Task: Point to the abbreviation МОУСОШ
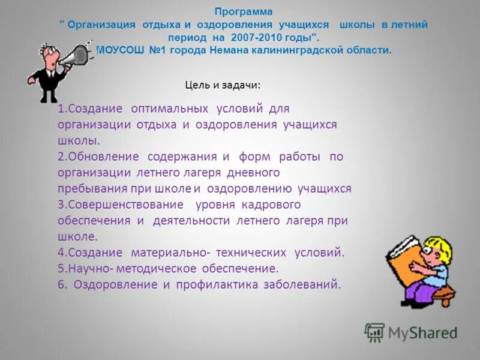(120, 50)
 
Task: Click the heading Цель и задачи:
(223, 85)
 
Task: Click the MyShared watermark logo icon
(374, 332)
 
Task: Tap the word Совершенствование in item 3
(124, 205)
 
